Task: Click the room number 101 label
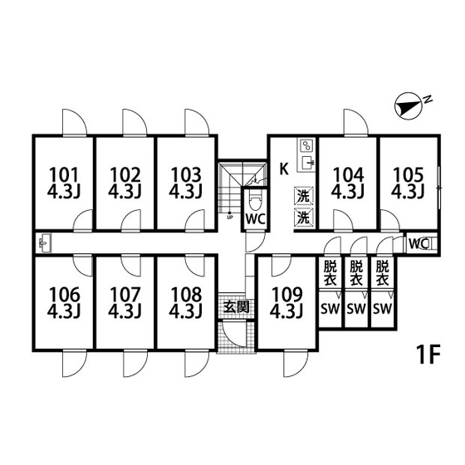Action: click(x=64, y=175)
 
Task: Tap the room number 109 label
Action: click(x=287, y=295)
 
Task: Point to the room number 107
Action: click(x=125, y=295)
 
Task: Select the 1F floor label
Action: click(x=428, y=355)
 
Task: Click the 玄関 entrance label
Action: click(x=236, y=307)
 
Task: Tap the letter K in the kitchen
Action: click(x=284, y=169)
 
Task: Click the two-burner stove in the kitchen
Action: click(x=306, y=146)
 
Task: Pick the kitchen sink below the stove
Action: click(x=307, y=163)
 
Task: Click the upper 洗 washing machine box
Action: click(x=303, y=196)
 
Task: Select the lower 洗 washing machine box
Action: click(x=303, y=218)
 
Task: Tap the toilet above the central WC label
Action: click(x=255, y=201)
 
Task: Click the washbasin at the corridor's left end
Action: click(x=44, y=242)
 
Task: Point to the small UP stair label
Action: click(x=229, y=217)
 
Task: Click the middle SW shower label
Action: click(x=356, y=309)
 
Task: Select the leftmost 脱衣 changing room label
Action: click(x=330, y=273)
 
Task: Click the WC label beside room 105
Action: click(x=418, y=244)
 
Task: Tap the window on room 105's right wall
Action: click(x=439, y=188)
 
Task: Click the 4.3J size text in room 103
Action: click(x=186, y=191)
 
